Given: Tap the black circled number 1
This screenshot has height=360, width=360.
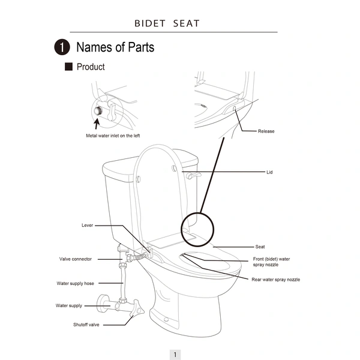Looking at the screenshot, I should point(61,47).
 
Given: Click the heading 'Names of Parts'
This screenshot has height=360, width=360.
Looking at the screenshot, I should point(115,47).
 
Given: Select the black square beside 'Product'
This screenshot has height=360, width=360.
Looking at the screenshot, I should point(68,67).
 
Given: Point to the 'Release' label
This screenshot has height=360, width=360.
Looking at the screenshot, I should point(266,131).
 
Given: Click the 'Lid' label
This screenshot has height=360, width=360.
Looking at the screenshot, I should point(269,172).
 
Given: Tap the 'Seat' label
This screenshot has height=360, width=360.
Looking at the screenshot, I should point(260,247).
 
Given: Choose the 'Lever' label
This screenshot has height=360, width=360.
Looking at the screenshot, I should point(87,225).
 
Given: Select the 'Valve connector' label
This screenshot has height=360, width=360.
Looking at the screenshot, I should point(76,259).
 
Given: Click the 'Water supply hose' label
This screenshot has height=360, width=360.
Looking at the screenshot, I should point(75,283).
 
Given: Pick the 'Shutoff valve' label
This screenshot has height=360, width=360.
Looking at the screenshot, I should point(86,325).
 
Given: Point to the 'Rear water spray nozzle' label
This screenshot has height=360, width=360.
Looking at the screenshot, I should point(275,280).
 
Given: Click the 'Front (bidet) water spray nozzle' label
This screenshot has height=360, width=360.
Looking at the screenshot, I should point(271,262).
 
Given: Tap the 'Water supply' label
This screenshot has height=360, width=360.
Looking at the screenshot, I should point(69,305).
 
